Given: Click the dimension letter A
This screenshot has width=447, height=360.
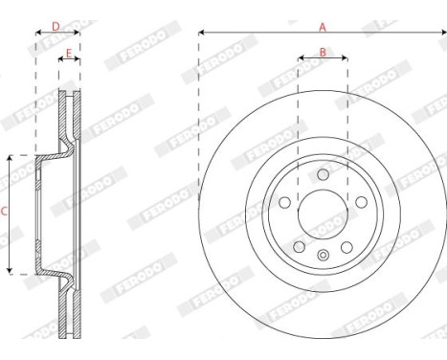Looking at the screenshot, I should pos(323,26).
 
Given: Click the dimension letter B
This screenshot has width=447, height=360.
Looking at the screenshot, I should pos(323,53).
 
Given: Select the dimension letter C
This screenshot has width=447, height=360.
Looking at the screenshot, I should pos(5,214).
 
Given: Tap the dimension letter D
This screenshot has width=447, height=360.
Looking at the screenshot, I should pos(56,25).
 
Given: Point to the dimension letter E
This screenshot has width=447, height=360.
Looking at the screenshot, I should pos(69,53).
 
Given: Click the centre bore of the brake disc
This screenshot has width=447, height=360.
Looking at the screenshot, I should pos(323,209).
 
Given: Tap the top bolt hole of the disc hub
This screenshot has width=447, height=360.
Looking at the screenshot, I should pos(323,175).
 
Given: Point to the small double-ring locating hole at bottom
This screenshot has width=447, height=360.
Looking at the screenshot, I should pos(323,256).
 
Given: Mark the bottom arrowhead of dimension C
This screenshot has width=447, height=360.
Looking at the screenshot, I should pos(11,272).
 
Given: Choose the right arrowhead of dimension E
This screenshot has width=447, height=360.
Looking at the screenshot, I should pos(78,59).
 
